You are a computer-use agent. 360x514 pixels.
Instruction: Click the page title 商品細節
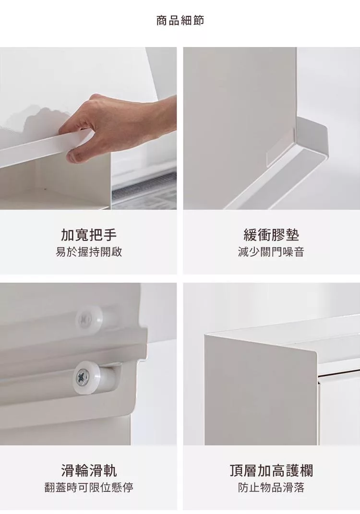coord(180,21)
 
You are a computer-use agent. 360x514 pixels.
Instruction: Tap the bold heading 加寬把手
coord(88,235)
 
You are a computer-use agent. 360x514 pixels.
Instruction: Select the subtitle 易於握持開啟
coord(88,252)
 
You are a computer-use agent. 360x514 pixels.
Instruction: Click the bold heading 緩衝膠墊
coord(271,235)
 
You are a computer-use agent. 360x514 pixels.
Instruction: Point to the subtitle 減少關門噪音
coord(271,252)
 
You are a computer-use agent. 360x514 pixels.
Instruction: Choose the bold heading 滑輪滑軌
coord(88,470)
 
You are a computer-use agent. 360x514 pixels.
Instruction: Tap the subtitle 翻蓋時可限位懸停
coord(88,488)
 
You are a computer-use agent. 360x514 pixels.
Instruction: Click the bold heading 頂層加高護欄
coord(271,470)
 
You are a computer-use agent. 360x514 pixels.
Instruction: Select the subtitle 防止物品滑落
coord(271,488)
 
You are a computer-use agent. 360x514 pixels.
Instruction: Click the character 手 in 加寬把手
coord(110,235)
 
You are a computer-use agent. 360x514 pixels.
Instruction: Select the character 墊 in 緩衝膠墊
coord(292,235)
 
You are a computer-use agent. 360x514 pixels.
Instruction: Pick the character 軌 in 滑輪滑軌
coord(110,470)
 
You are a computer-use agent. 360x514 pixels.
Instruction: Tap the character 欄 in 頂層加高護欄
coord(307,470)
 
